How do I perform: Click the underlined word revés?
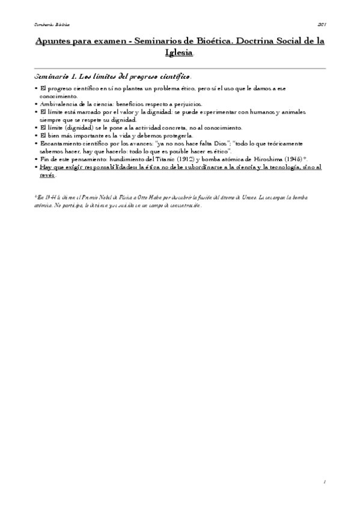click(x=47, y=175)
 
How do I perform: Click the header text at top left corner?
click(x=51, y=25)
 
